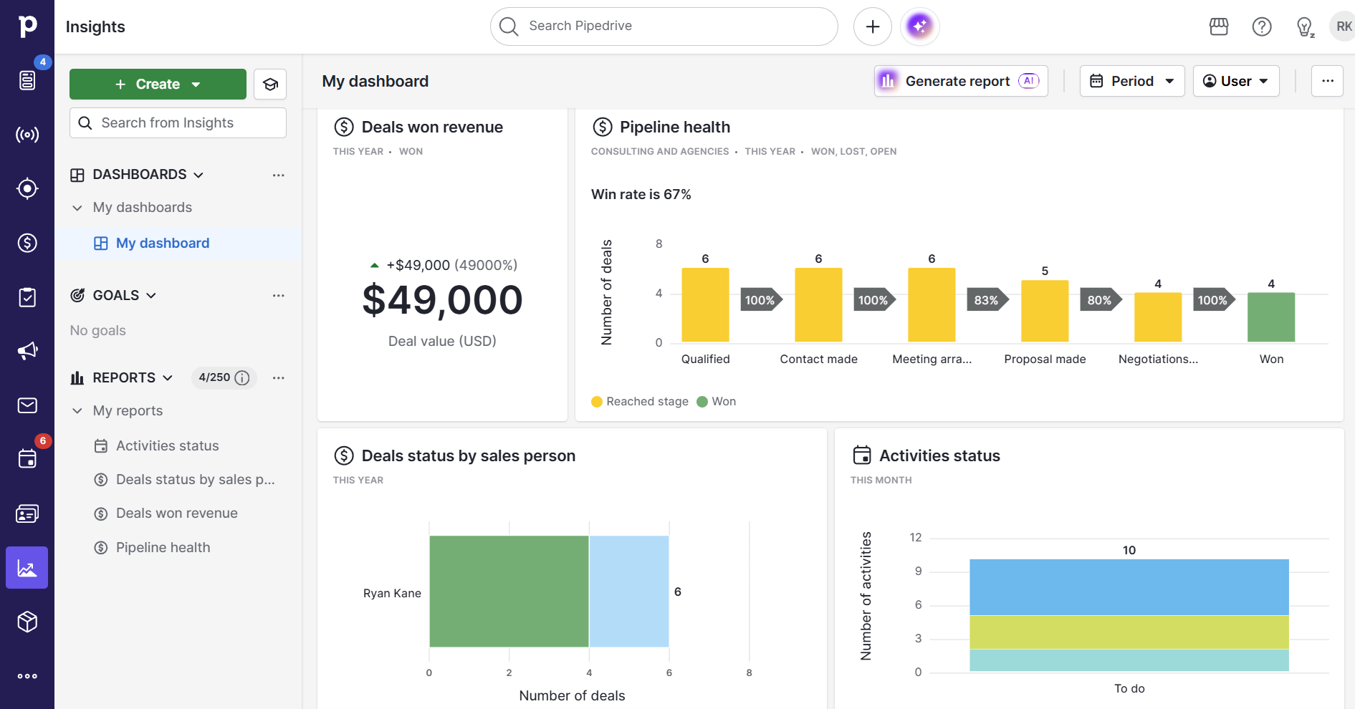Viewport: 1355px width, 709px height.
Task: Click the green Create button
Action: (158, 85)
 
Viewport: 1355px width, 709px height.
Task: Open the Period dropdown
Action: (1131, 82)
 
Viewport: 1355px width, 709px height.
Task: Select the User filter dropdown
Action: (1235, 82)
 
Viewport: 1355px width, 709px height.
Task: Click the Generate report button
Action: (960, 82)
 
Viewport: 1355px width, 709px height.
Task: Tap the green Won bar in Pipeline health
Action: (1270, 317)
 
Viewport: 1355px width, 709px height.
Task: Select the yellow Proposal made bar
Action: (1044, 311)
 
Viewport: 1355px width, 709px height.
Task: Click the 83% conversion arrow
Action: (987, 300)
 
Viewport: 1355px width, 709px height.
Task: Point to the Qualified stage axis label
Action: (705, 359)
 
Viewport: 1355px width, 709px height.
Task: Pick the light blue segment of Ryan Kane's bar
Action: (628, 592)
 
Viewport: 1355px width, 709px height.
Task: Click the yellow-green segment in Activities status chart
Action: (1129, 632)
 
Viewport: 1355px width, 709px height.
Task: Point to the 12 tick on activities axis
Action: (915, 538)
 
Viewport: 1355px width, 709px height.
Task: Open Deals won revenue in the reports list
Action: (176, 513)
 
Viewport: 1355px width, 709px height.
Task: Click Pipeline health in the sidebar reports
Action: (163, 548)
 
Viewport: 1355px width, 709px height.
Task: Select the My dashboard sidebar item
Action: (163, 243)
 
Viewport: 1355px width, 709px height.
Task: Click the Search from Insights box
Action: (178, 123)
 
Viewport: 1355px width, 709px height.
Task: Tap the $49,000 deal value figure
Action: (442, 300)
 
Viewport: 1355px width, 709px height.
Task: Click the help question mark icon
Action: (1261, 27)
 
